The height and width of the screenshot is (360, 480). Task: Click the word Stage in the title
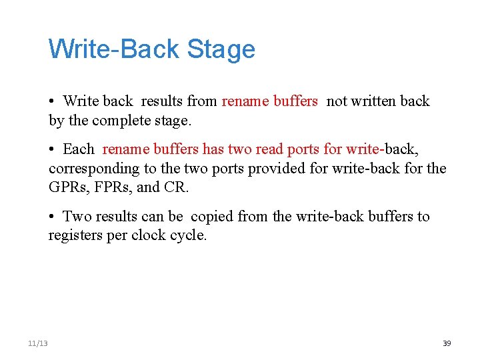pyautogui.click(x=221, y=50)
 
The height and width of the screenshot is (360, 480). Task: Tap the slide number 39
pyautogui.click(x=447, y=343)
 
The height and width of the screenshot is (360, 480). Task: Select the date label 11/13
pyautogui.click(x=38, y=343)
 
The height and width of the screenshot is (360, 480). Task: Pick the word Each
pyautogui.click(x=79, y=149)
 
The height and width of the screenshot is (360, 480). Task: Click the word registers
pyautogui.click(x=75, y=236)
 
